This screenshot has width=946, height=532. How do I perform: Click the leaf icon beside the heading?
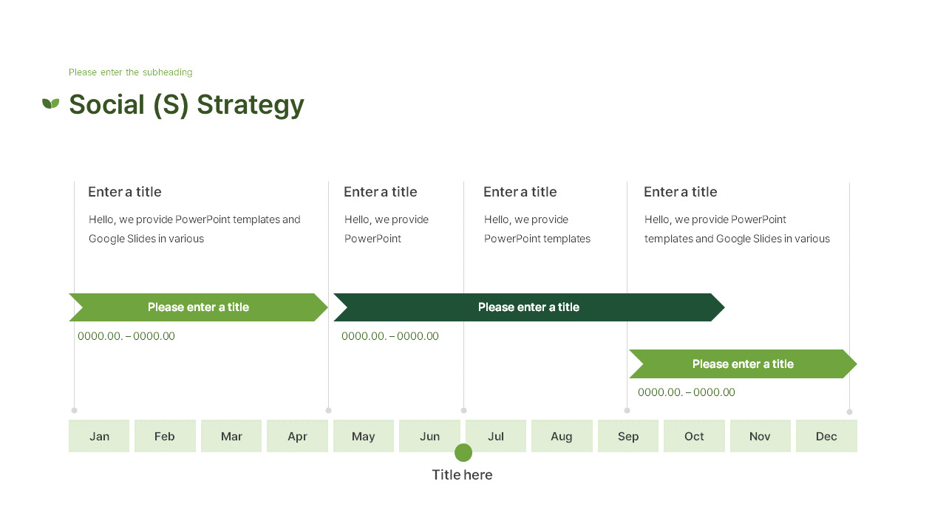50,103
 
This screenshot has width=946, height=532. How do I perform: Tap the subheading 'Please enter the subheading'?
130,72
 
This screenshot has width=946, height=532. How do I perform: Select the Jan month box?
99,436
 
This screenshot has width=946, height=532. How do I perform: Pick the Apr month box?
297,436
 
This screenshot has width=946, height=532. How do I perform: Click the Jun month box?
429,436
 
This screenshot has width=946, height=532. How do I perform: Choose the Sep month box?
628,436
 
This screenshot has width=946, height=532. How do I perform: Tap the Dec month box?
826,436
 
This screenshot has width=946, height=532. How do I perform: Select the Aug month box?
562,436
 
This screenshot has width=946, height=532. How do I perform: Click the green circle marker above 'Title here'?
463,453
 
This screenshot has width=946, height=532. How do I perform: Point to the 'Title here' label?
462,475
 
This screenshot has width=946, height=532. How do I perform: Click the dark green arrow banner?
528,307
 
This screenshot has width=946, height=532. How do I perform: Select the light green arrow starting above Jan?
198,307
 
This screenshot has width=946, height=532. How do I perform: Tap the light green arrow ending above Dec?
743,364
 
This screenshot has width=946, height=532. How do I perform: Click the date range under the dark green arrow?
390,336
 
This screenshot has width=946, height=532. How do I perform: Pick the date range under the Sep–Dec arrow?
687,392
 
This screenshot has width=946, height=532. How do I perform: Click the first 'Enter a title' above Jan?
125,192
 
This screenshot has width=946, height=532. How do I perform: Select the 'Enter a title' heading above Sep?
681,192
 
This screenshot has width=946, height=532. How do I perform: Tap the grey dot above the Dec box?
849,412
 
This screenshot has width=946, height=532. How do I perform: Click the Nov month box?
760,436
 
